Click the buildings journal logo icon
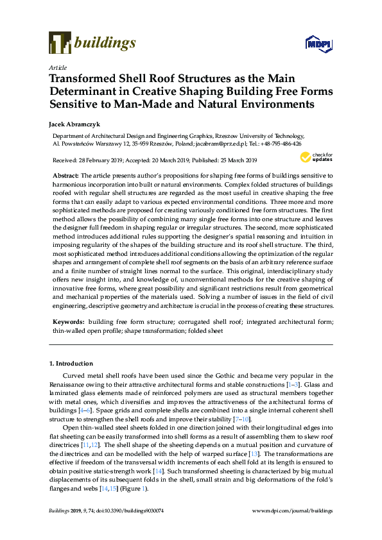tap(59, 42)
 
